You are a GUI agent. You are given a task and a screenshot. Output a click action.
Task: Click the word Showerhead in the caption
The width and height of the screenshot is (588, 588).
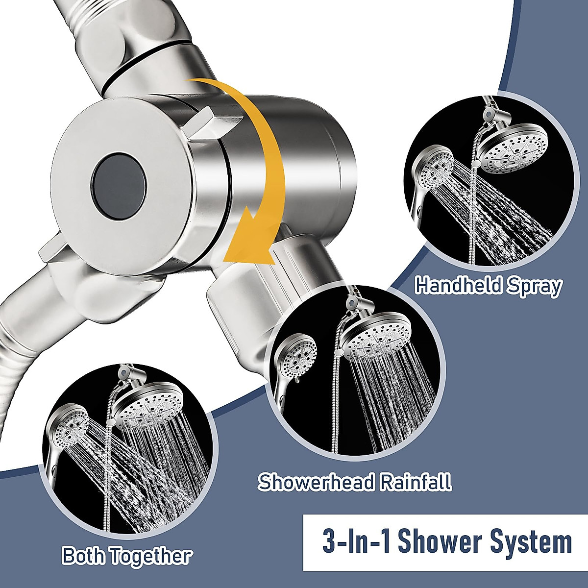(317, 482)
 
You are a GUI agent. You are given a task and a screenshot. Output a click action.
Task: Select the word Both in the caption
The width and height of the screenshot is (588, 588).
(84, 556)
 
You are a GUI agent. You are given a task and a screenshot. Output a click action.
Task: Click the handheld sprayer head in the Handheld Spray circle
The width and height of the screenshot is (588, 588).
(434, 169)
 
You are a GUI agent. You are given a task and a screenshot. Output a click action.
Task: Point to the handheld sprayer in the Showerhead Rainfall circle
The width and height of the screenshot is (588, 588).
(297, 353)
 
